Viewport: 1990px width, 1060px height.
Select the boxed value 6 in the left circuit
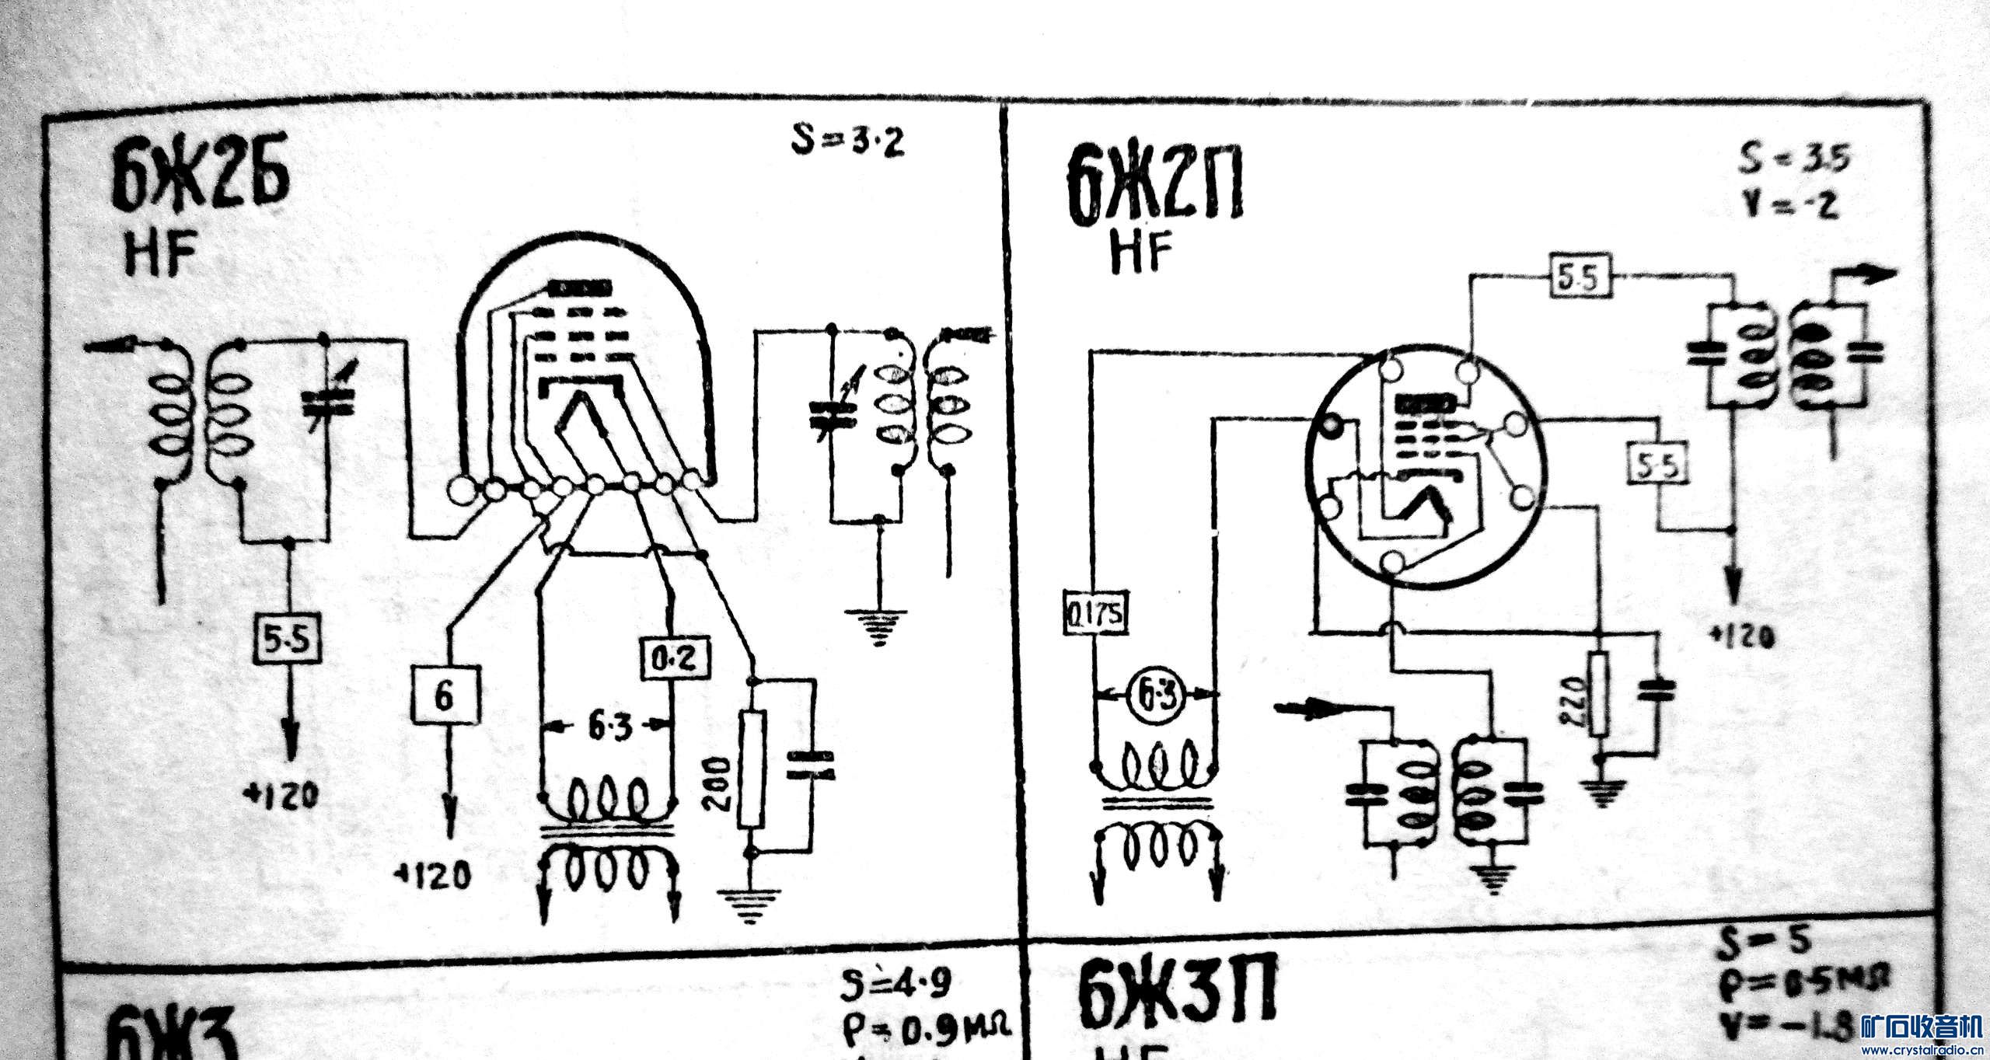[x=443, y=696]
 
